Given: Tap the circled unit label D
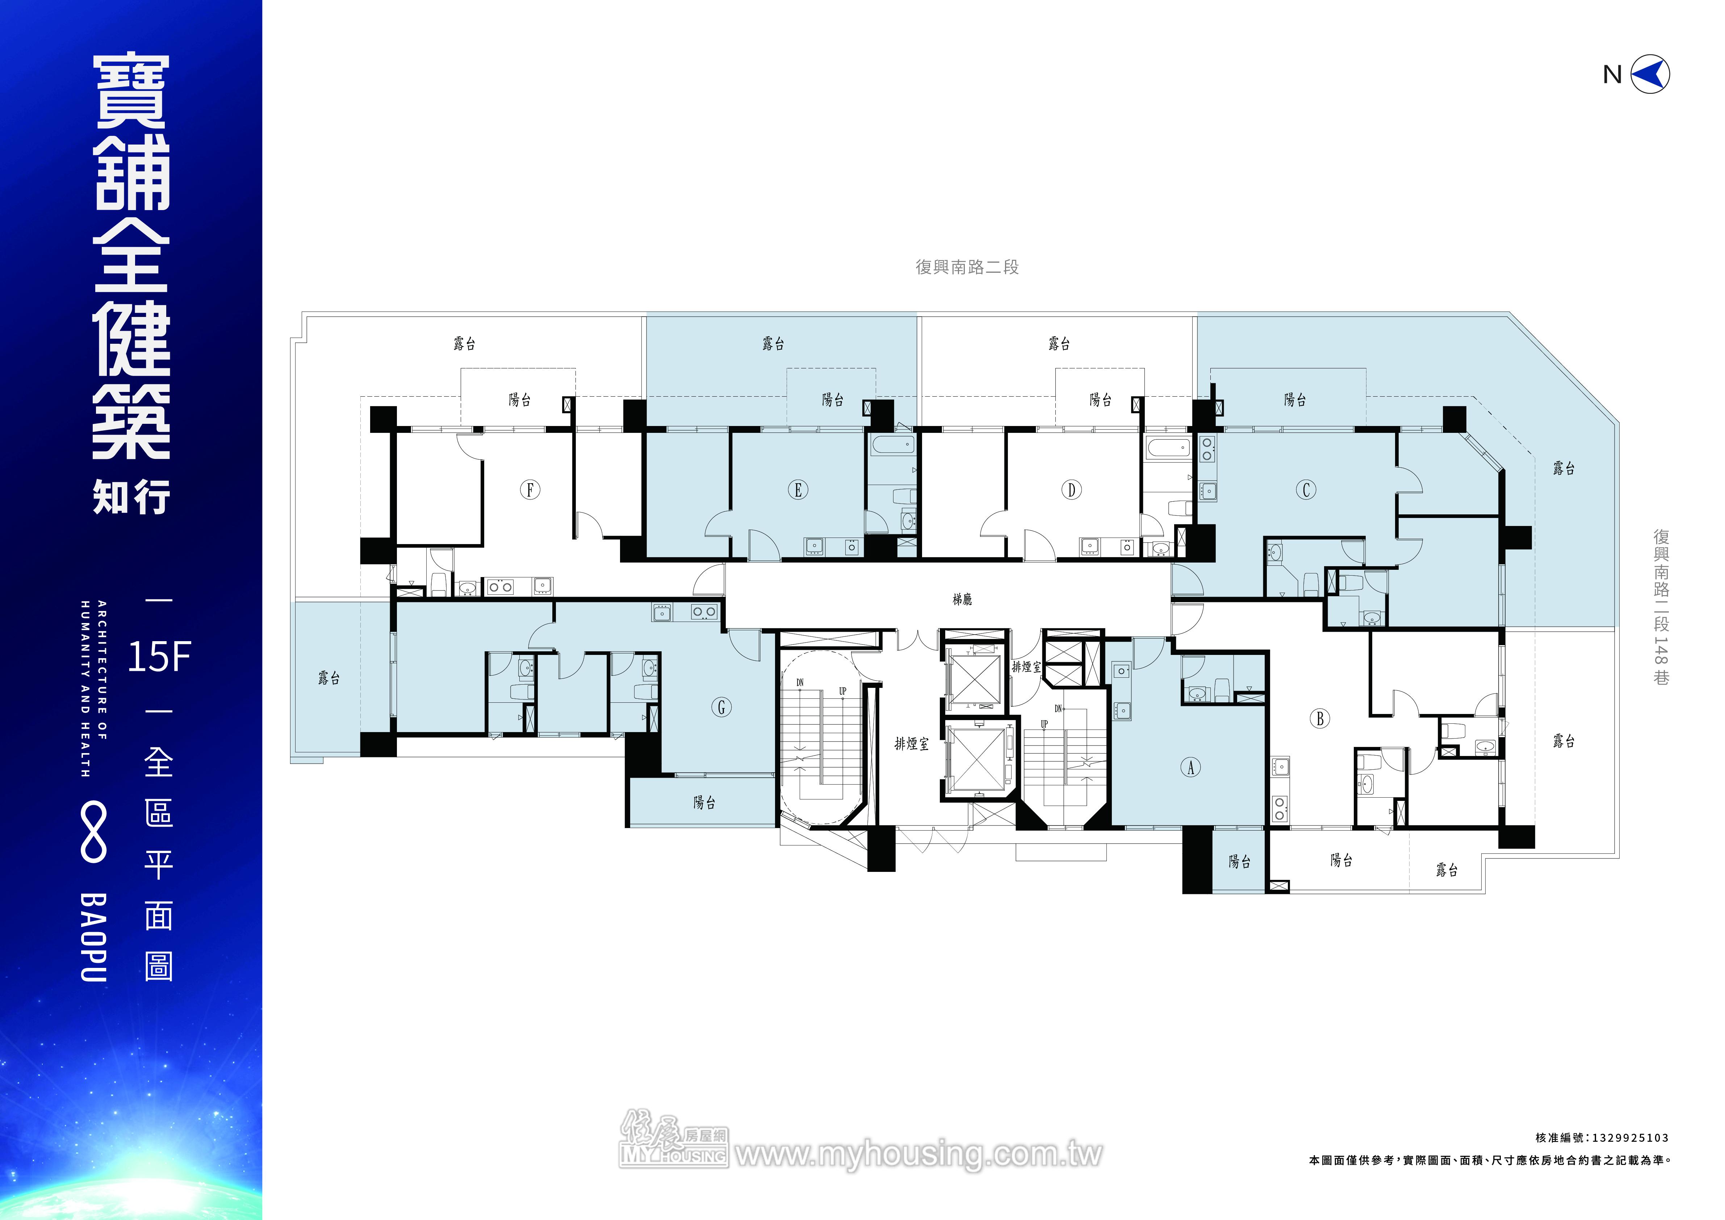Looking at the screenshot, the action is click(x=1071, y=490).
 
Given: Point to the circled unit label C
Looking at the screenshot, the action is click(x=1306, y=490).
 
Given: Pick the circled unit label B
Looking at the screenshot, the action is click(x=1320, y=718).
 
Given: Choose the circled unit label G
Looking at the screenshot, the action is click(x=721, y=707).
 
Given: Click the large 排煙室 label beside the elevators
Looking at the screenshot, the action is click(x=911, y=744).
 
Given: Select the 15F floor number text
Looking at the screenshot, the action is click(x=159, y=657).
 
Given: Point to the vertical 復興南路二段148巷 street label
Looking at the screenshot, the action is click(x=1661, y=607).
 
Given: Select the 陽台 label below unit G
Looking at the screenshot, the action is click(x=704, y=802).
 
